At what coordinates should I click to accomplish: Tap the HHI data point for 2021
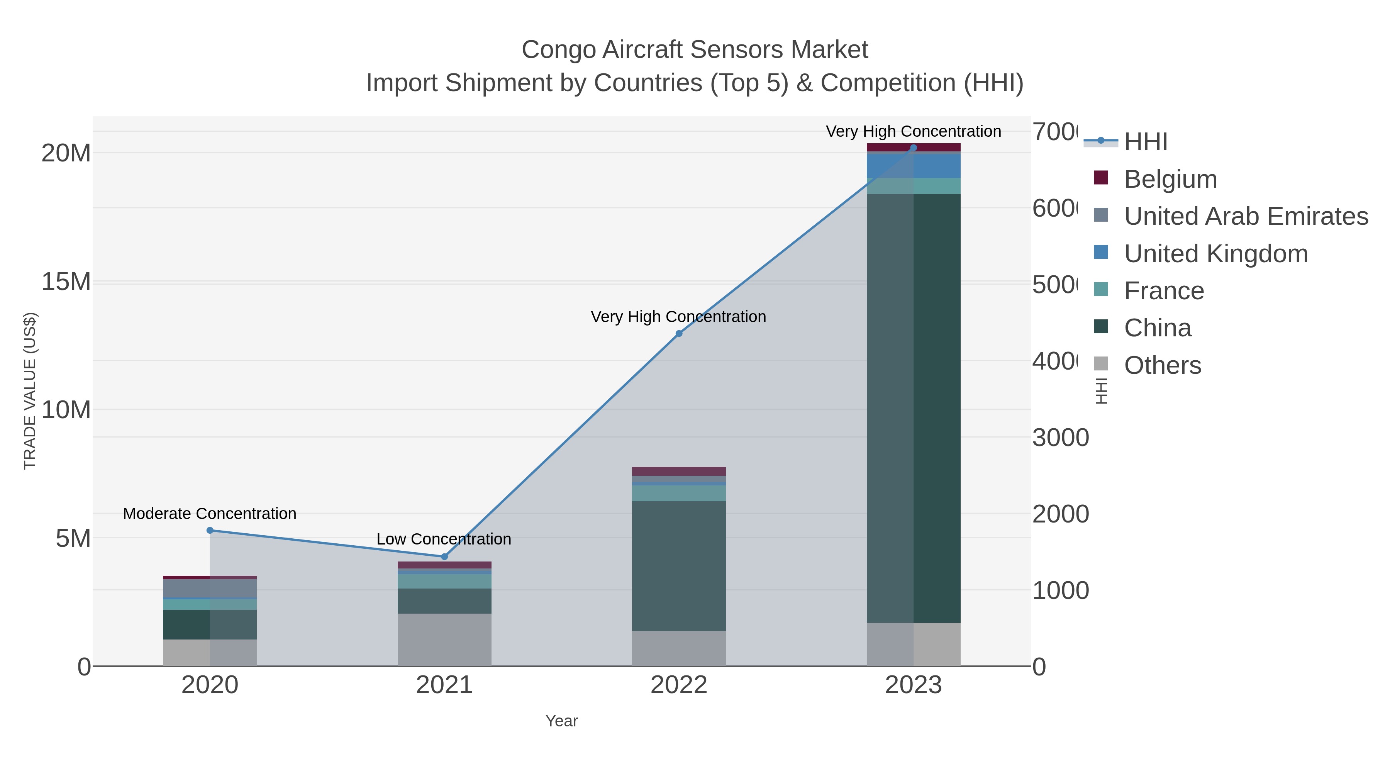[444, 556]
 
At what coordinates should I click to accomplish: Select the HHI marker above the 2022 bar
[679, 334]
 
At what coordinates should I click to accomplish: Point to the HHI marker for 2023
[913, 148]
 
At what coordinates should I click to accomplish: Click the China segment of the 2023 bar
[936, 408]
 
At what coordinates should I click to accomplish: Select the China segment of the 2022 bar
[679, 566]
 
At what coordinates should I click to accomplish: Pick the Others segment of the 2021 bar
[444, 640]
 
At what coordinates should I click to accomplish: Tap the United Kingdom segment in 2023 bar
[936, 166]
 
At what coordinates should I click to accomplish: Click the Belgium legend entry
[1170, 179]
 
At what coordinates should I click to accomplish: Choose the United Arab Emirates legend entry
[1245, 216]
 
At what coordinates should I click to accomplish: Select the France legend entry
[1163, 291]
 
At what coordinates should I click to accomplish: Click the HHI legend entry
[1145, 142]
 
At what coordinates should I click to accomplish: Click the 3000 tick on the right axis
[1060, 438]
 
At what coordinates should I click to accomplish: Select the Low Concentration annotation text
[444, 539]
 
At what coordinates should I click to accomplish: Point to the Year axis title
[561, 721]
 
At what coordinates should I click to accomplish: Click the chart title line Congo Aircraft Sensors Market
[695, 50]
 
